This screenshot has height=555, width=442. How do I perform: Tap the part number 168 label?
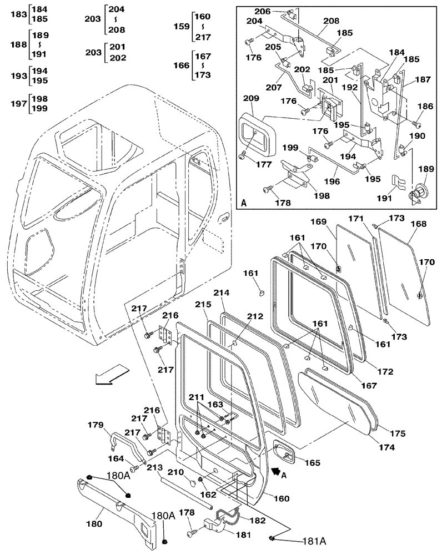(419, 224)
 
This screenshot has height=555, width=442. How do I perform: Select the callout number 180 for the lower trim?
(97, 523)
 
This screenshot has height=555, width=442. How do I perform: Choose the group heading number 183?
(18, 14)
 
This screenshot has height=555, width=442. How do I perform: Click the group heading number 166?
(181, 65)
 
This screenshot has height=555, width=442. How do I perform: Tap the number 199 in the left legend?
(39, 109)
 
